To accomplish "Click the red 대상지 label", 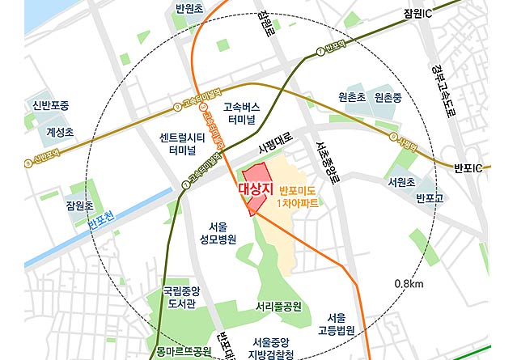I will click(x=256, y=188).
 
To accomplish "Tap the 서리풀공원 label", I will click(x=278, y=307).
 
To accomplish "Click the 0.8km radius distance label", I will click(x=409, y=284).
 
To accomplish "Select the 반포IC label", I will click(x=467, y=167).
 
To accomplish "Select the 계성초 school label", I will click(x=60, y=132).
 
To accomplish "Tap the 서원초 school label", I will click(x=401, y=182).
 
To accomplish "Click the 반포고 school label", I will click(x=430, y=198).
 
